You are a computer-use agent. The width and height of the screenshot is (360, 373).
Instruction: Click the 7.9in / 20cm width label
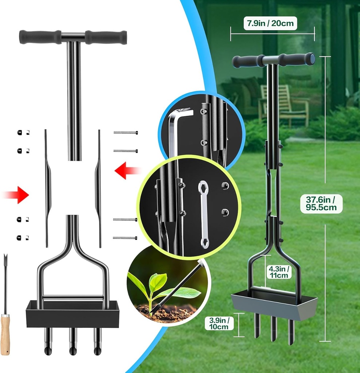pyautogui.click(x=270, y=24)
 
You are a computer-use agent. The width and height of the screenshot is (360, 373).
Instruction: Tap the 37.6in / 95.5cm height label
pyautogui.click(x=321, y=204)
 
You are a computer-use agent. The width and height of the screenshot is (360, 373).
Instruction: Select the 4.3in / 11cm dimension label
pyautogui.click(x=279, y=272)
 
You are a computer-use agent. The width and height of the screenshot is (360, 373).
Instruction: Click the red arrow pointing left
pyautogui.click(x=126, y=170)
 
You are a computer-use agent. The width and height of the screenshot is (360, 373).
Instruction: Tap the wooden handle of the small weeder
pyautogui.click(x=5, y=334)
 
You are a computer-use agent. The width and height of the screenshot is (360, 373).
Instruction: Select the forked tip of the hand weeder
pyautogui.click(x=5, y=259)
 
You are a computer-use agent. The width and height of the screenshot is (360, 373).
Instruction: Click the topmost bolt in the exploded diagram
pyautogui.click(x=125, y=133)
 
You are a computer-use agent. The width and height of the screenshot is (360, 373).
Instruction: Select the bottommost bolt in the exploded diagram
pyautogui.click(x=125, y=237)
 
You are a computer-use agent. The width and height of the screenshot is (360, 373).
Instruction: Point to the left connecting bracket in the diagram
pyautogui.click(x=47, y=188)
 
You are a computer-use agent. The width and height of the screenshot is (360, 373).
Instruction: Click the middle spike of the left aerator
pyautogui.click(x=73, y=341)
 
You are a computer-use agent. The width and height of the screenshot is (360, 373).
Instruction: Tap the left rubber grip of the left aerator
pyautogui.click(x=40, y=37)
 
